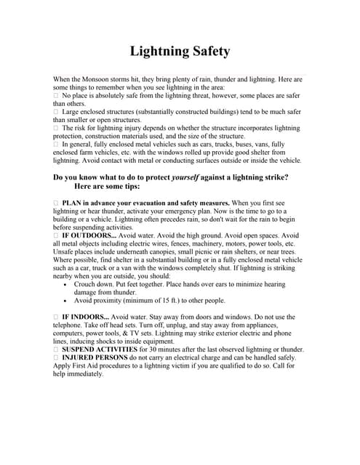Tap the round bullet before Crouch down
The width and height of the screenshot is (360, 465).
[x=67, y=285]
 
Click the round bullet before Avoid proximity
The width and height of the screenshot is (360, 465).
[x=67, y=301]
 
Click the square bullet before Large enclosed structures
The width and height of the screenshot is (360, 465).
[x=56, y=111]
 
